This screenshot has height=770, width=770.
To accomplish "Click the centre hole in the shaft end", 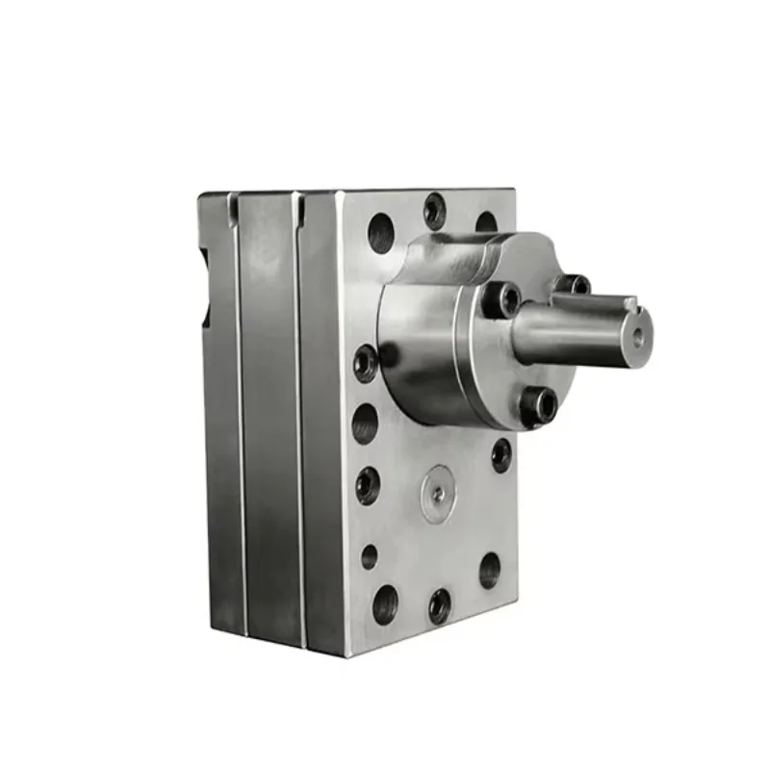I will (636, 336).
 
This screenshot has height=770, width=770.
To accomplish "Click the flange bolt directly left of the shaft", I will (500, 298).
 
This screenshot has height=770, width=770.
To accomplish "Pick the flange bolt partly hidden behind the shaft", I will (575, 285).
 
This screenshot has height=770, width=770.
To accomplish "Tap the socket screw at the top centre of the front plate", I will (435, 211).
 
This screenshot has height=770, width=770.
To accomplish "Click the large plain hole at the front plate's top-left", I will (381, 232).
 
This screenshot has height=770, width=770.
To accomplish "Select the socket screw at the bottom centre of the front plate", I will (440, 605).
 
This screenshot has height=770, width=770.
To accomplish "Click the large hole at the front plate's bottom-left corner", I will (385, 603).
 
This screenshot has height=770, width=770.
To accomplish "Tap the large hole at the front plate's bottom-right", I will (490, 570).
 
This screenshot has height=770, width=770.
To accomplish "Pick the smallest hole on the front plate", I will (370, 555).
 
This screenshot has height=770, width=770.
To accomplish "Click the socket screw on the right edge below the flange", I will (501, 453).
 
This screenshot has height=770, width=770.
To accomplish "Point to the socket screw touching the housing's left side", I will (366, 363).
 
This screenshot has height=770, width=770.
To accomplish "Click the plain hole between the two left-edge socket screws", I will (365, 423).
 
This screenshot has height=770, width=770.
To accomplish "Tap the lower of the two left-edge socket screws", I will (368, 485).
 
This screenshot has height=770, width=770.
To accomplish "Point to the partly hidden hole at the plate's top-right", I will (486, 221).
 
